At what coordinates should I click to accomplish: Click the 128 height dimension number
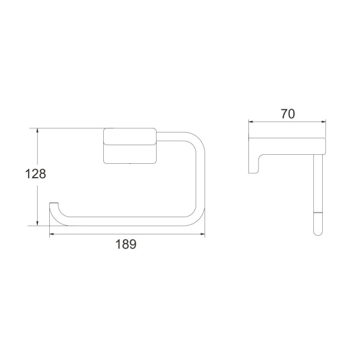35,175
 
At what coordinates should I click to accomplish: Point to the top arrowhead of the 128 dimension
39,130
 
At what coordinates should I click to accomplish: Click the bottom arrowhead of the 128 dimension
39,224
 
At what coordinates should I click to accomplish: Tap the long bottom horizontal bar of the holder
126,220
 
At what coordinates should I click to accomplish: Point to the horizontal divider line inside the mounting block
130,144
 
